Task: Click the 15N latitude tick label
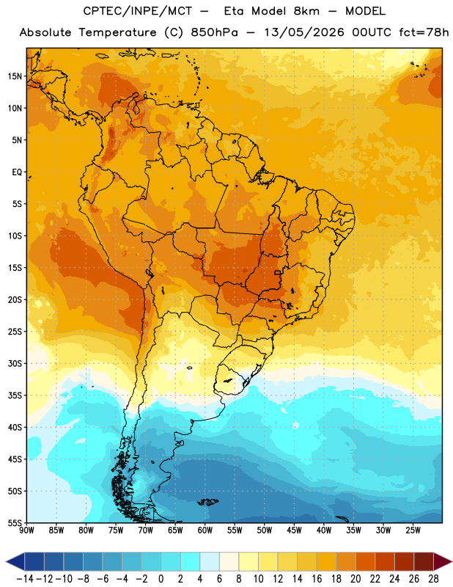tap(15, 76)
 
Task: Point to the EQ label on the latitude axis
tap(17, 172)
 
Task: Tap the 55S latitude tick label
tap(15, 522)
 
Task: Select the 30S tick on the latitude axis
tap(15, 363)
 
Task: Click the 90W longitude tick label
tap(27, 530)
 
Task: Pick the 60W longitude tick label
tap(205, 530)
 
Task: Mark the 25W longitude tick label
tap(413, 530)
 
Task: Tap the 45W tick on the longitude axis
tap(294, 530)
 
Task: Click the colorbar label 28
tap(433, 579)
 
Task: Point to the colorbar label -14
tap(25, 579)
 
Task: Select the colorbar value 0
tap(161, 579)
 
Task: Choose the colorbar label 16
tap(317, 579)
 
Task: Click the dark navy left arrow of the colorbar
tap(15, 561)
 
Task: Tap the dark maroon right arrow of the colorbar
tap(443, 561)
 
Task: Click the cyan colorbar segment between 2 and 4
tap(190, 561)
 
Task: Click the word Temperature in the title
tap(117, 32)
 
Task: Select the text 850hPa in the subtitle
tap(214, 32)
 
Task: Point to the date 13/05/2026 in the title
tap(304, 32)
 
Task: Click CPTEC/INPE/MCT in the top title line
tap(137, 11)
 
